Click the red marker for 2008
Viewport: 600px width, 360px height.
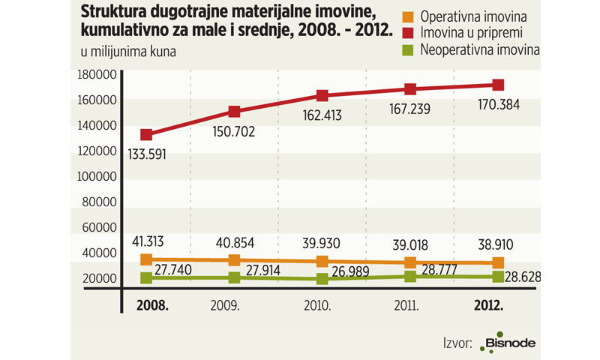point(146,135)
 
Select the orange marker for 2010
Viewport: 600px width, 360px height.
point(322,261)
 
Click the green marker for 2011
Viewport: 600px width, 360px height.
point(410,277)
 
